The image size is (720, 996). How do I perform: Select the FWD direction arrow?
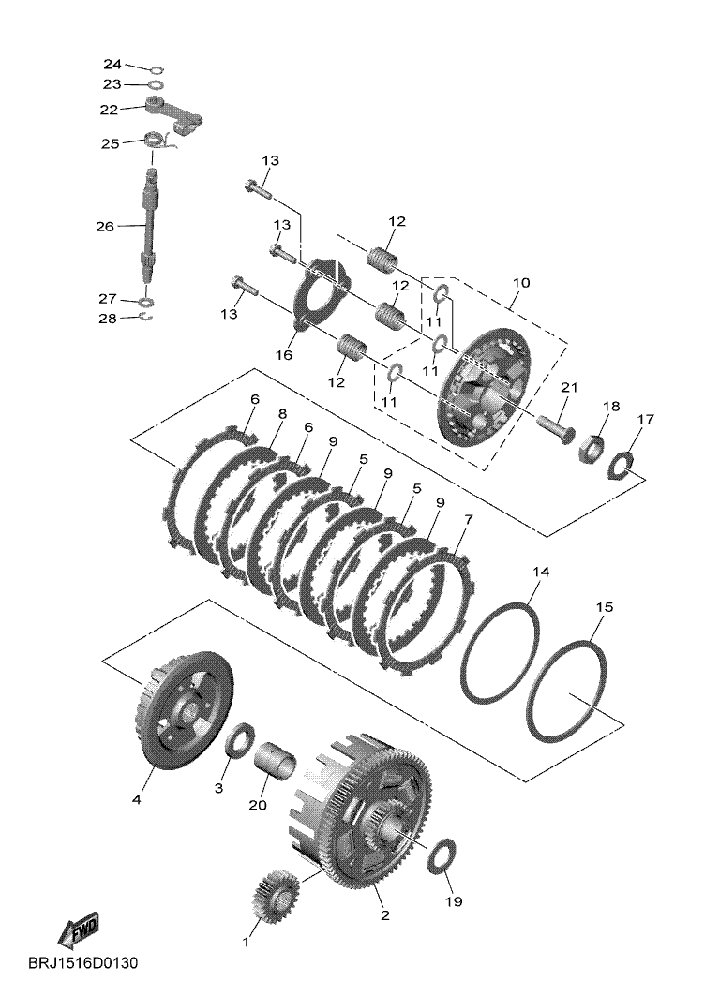click(81, 930)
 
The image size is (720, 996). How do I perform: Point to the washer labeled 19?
click(442, 856)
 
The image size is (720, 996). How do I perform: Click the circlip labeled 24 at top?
click(157, 67)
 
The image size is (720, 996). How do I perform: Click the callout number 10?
click(520, 282)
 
